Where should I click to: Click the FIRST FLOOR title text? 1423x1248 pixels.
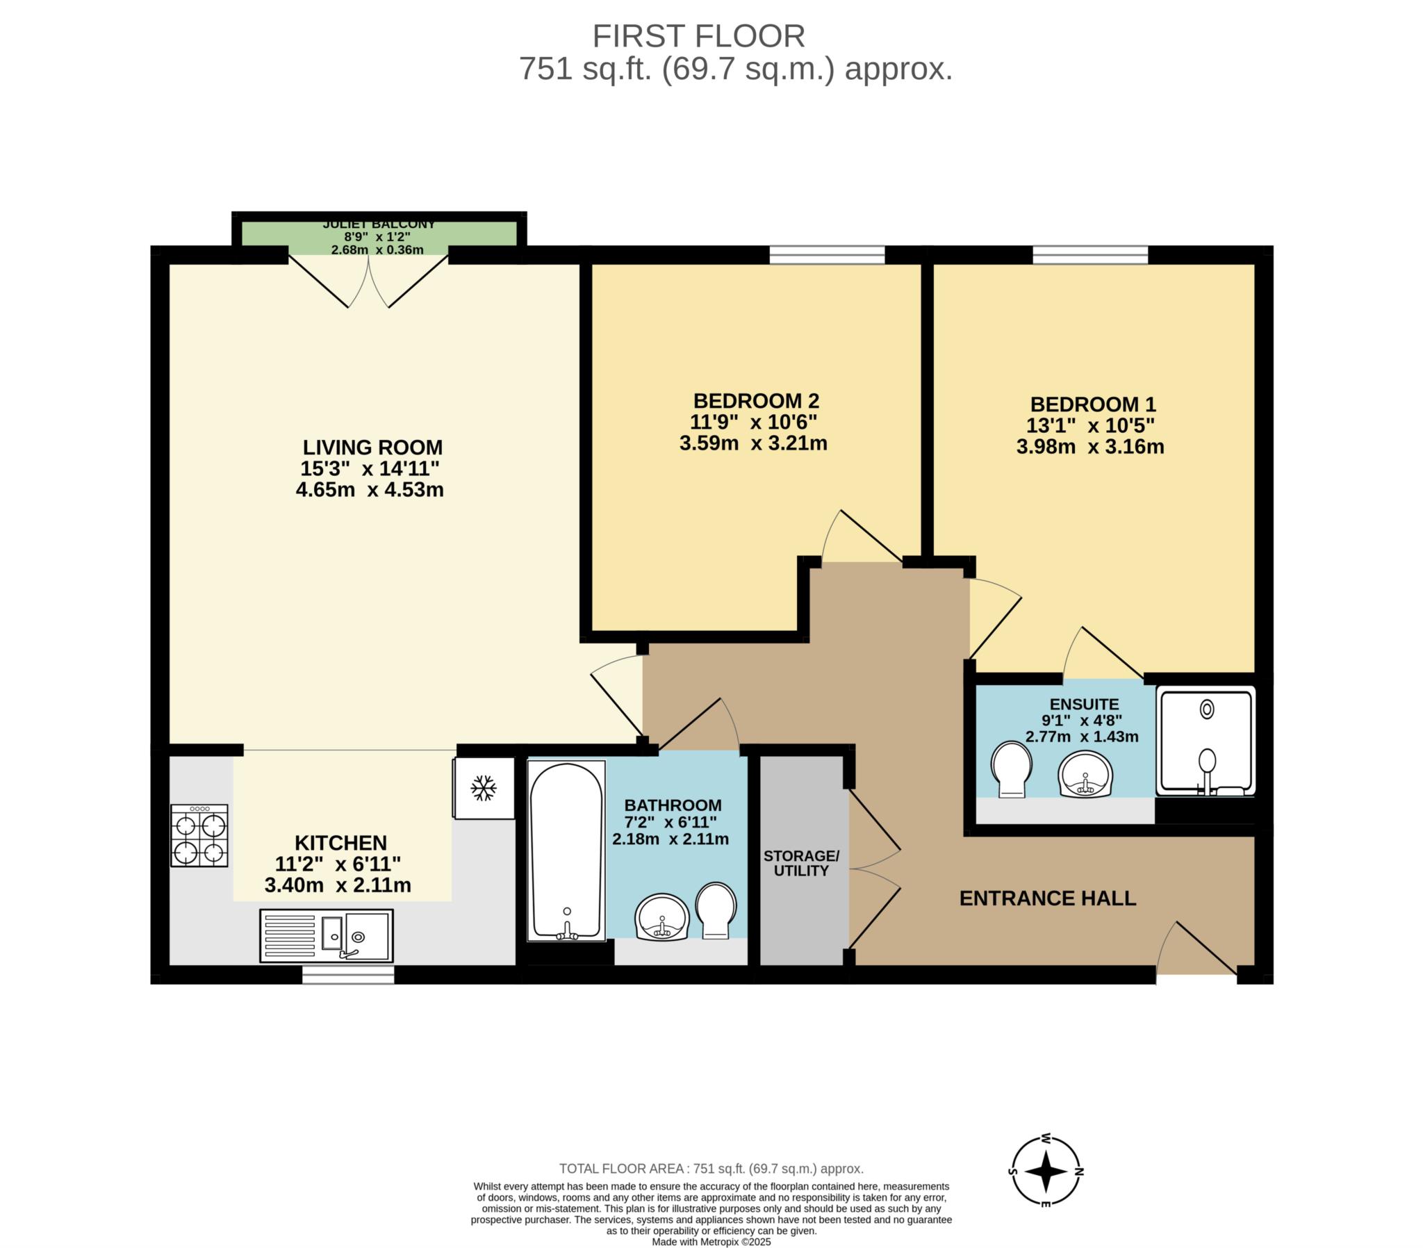698,36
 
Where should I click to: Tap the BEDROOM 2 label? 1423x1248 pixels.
756,401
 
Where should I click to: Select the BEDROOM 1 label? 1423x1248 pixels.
1093,404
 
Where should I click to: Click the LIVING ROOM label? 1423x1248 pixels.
372,447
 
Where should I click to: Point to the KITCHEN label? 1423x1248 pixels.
340,843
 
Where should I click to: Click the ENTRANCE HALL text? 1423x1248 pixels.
1048,898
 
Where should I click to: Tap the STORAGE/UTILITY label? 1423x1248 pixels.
801,863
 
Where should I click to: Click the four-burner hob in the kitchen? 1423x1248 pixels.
200,836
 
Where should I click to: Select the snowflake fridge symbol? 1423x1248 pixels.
483,788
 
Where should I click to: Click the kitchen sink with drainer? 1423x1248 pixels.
327,935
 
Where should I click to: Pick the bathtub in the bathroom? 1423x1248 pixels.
566,851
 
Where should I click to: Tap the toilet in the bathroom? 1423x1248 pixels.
716,910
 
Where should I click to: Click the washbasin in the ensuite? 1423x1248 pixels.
1085,773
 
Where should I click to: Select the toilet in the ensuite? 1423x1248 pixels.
1012,769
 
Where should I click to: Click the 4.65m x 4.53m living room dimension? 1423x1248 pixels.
370,491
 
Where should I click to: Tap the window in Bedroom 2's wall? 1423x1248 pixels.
827,255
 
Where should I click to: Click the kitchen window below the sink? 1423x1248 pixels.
348,974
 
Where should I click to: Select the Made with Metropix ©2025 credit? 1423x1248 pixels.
711,1242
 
